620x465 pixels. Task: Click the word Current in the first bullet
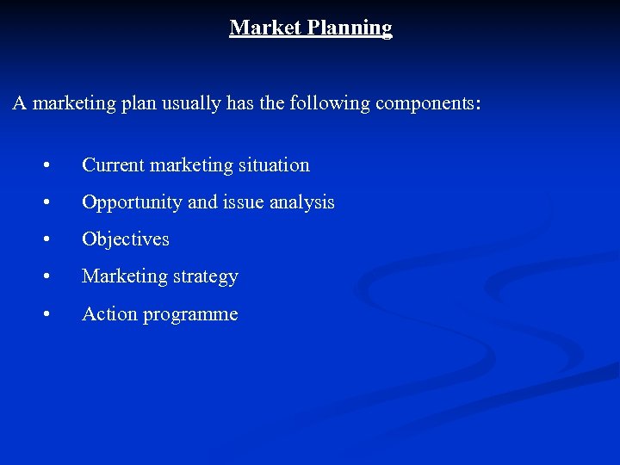point(113,164)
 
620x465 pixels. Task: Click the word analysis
point(301,202)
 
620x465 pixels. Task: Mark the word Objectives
point(126,239)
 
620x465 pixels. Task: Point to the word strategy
point(205,277)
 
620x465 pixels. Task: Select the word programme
point(190,315)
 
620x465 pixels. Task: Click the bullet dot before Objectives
point(54,240)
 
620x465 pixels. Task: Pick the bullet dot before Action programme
point(54,315)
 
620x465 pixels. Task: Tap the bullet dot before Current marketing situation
point(54,165)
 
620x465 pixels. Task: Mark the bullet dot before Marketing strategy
point(54,277)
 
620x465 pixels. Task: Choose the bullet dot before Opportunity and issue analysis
point(54,203)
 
